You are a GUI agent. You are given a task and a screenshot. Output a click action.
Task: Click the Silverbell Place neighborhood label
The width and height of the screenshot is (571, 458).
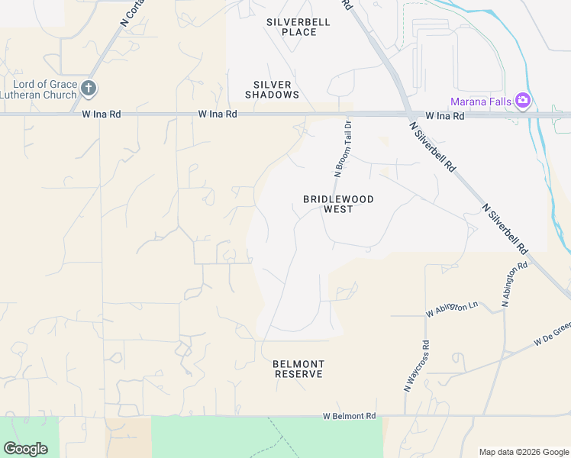click(298, 27)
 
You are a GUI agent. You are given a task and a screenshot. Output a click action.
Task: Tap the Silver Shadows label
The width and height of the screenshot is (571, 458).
click(272, 89)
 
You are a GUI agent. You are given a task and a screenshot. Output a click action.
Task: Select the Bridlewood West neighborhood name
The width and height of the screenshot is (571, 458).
click(338, 204)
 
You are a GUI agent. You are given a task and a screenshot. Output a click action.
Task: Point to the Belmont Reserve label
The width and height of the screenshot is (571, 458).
click(298, 369)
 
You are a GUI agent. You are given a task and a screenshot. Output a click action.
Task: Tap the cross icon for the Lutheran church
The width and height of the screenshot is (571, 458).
click(89, 89)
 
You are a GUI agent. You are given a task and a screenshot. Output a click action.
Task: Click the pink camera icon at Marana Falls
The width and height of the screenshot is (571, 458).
click(523, 100)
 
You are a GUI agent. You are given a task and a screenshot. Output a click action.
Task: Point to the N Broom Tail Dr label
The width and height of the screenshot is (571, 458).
click(342, 148)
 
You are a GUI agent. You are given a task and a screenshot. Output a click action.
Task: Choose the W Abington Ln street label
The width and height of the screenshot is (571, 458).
click(451, 308)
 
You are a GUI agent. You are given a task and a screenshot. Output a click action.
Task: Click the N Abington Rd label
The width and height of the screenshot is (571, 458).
click(515, 285)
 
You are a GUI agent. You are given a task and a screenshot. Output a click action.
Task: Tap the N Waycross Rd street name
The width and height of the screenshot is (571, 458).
click(416, 366)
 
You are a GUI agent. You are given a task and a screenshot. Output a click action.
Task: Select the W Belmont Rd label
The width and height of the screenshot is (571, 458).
click(350, 416)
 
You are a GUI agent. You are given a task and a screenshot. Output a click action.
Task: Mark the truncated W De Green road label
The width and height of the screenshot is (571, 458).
click(552, 334)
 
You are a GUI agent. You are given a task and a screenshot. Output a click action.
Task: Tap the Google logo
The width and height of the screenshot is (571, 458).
click(25, 449)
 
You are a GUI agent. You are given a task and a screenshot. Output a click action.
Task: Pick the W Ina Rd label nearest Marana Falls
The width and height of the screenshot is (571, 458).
click(445, 116)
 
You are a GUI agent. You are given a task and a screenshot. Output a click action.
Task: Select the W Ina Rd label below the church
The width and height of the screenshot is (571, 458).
click(101, 114)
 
